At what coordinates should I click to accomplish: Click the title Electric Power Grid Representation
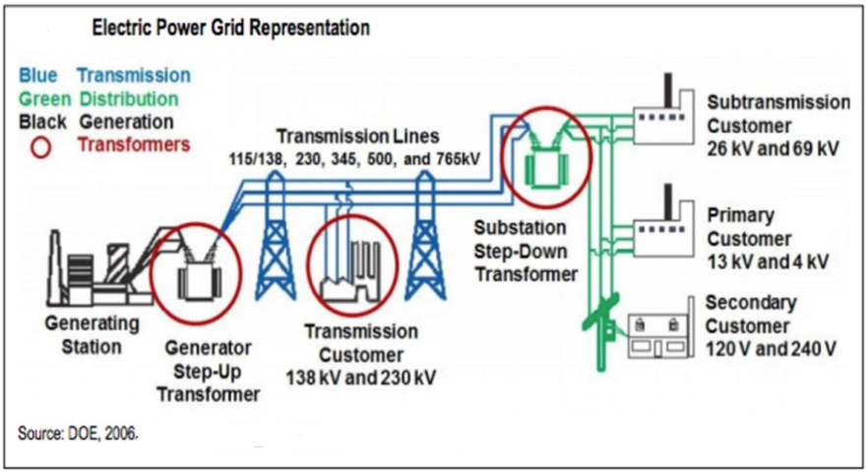[x=231, y=28]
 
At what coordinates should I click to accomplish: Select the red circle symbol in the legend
[x=40, y=147]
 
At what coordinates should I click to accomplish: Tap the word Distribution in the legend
[x=129, y=99]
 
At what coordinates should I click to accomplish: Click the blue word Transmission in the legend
[x=134, y=76]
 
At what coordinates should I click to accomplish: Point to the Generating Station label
[x=92, y=334]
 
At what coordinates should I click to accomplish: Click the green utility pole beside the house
[x=601, y=332]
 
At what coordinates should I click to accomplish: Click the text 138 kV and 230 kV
[x=361, y=378]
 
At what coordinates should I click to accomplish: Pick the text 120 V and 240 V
[x=771, y=349]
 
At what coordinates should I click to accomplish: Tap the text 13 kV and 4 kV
[x=768, y=262]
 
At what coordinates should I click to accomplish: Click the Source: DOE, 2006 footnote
[x=77, y=433]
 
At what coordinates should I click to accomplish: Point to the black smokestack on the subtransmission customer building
[x=669, y=89]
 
